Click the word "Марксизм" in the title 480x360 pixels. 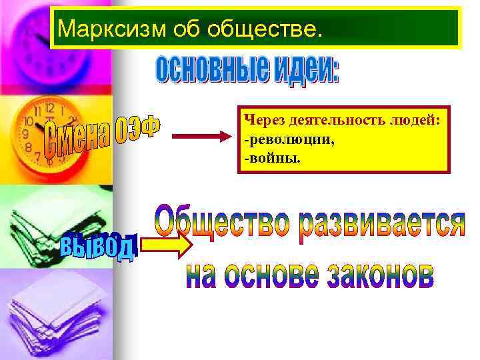(97, 29)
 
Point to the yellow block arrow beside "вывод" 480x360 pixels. (167, 245)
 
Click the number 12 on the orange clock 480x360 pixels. (49, 107)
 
